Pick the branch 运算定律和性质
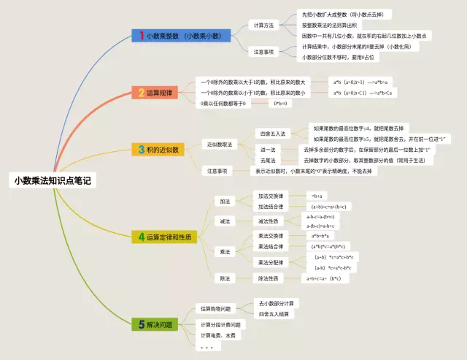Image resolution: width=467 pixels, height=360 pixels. click(x=165, y=237)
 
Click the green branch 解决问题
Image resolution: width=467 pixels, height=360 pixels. click(x=155, y=324)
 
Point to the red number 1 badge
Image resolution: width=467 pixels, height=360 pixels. click(x=140, y=35)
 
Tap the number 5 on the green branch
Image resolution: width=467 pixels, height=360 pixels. click(x=141, y=324)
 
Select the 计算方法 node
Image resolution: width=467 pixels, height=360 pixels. click(x=263, y=25)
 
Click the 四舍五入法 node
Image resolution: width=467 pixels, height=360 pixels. click(x=273, y=134)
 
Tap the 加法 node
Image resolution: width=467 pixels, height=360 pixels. click(x=224, y=201)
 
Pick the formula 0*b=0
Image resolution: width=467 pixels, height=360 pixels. click(x=281, y=104)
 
